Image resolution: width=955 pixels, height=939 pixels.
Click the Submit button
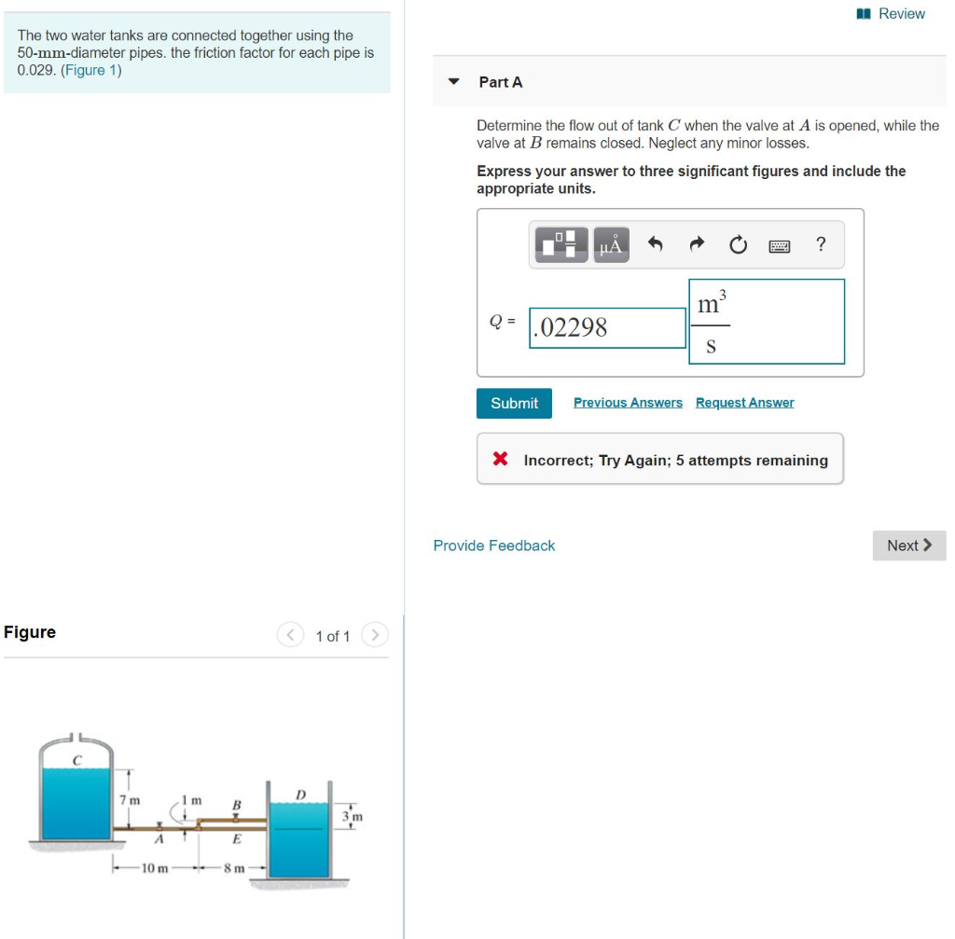click(514, 403)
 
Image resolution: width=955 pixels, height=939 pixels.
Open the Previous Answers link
click(628, 403)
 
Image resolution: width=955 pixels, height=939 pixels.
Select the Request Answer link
click(744, 403)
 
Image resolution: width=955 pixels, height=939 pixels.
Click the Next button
click(908, 545)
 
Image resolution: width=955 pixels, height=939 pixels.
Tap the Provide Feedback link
click(494, 545)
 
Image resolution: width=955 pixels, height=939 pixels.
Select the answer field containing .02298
click(607, 327)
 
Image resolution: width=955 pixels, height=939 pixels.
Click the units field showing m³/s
click(767, 322)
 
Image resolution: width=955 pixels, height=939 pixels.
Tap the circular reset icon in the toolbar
click(738, 245)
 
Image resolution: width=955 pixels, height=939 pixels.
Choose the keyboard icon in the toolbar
click(779, 245)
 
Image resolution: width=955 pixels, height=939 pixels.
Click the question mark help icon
click(820, 244)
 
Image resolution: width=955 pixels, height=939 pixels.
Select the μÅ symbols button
click(610, 245)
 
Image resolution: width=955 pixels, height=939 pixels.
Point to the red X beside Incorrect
click(500, 460)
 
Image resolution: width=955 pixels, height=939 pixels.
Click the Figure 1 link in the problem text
click(90, 70)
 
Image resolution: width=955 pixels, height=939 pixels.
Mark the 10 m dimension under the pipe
click(155, 868)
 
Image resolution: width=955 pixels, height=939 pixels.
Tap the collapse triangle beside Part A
click(454, 81)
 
